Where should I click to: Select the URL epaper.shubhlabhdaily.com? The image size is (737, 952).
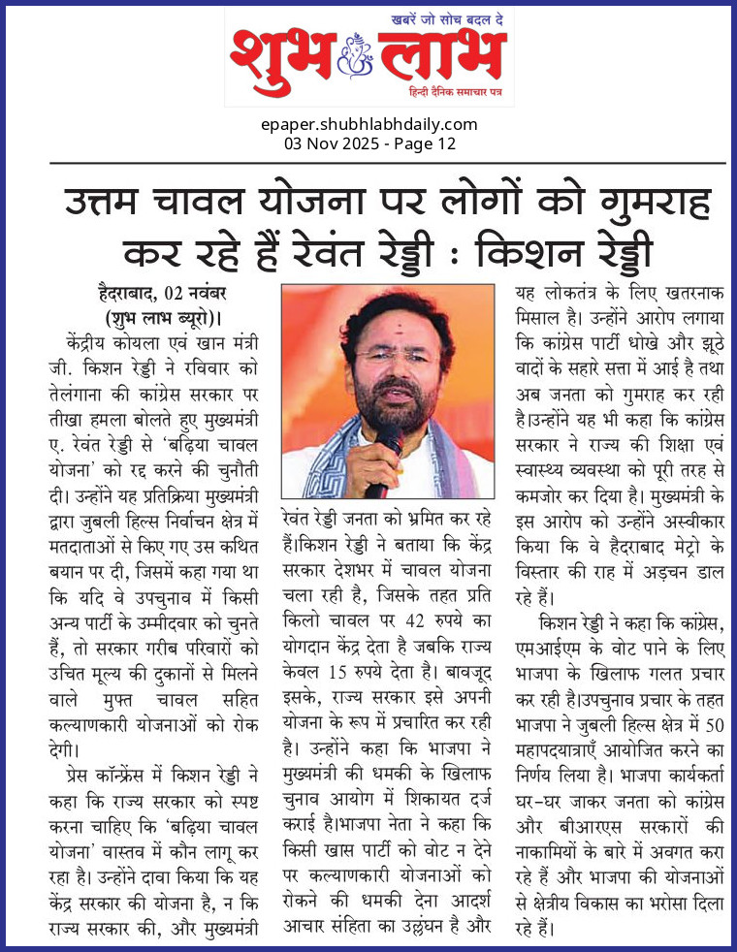[x=368, y=124]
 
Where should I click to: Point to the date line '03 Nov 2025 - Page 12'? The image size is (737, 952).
[x=368, y=143]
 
